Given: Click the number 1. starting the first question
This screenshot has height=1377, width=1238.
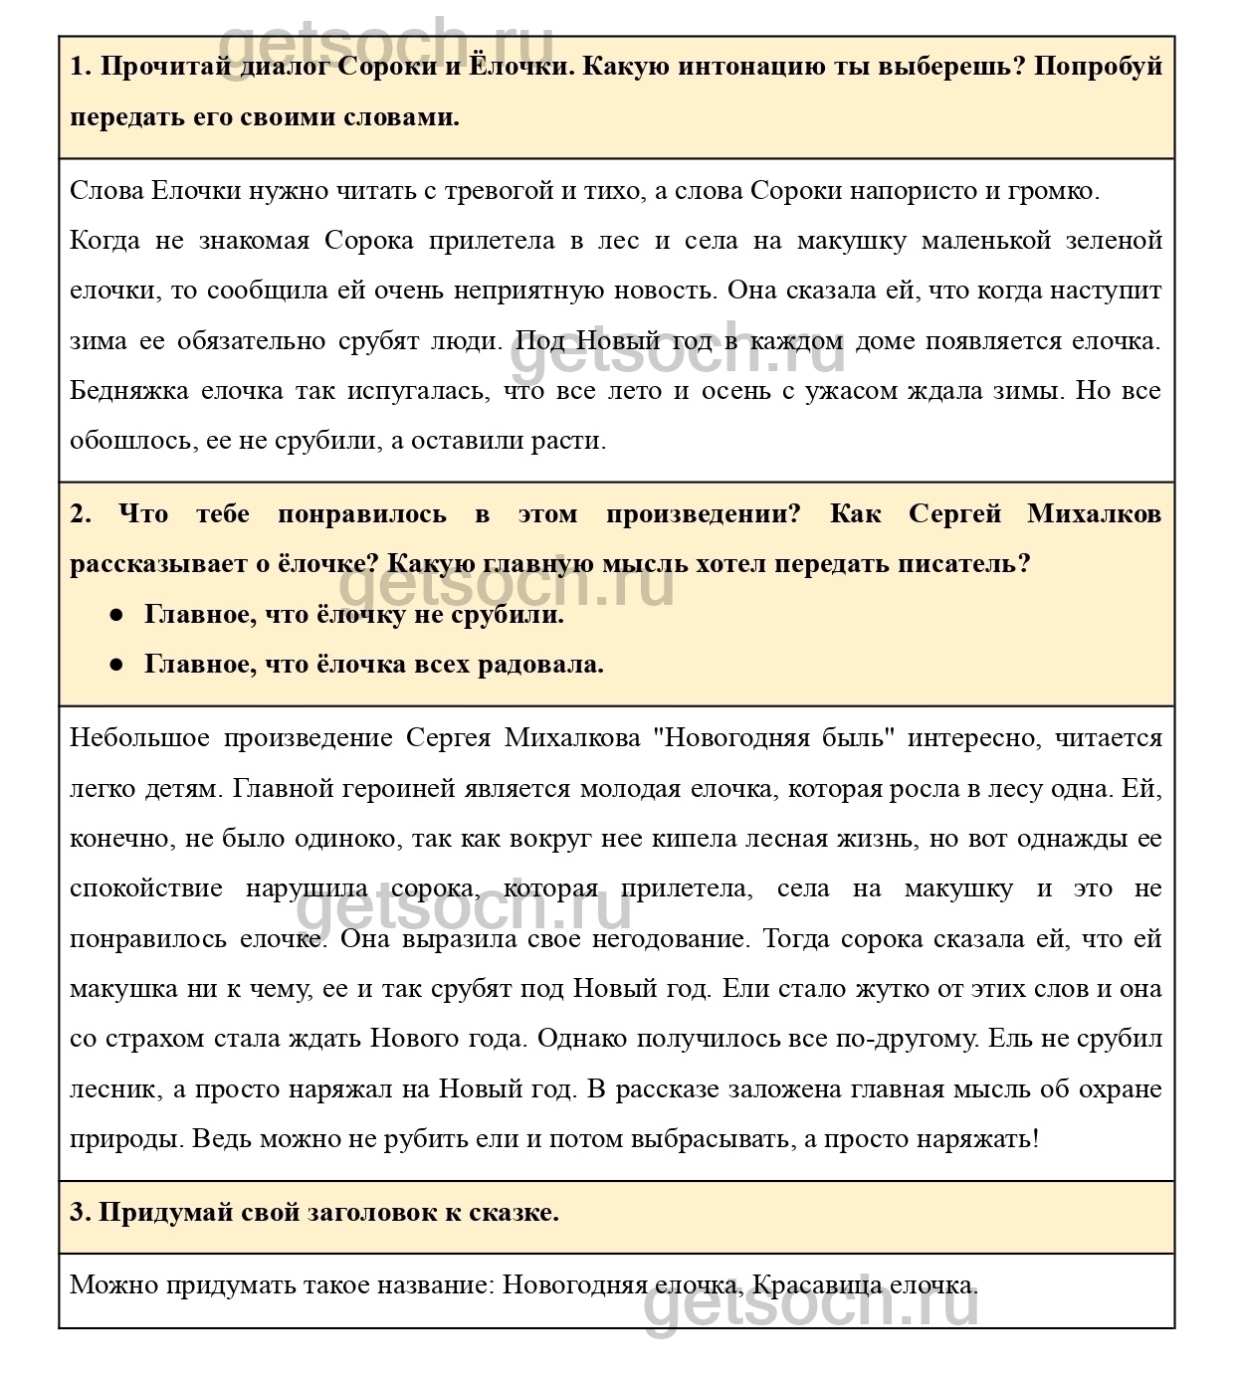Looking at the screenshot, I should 81,67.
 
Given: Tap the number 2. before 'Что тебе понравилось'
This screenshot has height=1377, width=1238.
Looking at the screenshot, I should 81,514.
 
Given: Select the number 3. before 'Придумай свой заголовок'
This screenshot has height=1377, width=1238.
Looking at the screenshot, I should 81,1212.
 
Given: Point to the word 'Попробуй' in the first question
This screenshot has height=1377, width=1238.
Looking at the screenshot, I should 1099,67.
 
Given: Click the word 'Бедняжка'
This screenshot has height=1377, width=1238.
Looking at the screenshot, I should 128,391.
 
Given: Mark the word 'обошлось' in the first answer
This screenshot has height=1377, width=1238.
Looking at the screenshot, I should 132,441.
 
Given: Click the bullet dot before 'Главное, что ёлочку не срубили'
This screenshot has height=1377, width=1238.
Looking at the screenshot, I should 116,616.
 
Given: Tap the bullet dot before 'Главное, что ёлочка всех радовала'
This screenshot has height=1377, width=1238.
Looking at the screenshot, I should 116,666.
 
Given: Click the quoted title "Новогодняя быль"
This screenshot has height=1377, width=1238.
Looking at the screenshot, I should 773,738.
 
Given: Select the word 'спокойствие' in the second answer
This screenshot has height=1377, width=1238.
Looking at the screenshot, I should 146,888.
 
